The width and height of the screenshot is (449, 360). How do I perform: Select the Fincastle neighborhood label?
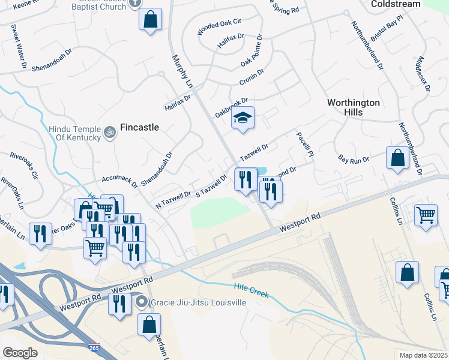point(140,127)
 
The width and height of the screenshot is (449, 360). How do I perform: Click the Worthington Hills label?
point(354,107)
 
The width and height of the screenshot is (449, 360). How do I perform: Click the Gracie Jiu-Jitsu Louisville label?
point(198,302)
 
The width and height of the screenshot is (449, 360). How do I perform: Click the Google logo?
point(20,353)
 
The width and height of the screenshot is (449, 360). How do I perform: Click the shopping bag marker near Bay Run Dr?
point(397,159)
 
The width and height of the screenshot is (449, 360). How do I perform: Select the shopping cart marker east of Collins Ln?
point(426,214)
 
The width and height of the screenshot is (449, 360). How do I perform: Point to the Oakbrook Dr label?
point(231,103)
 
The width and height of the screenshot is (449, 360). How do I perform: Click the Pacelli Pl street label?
point(305,145)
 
